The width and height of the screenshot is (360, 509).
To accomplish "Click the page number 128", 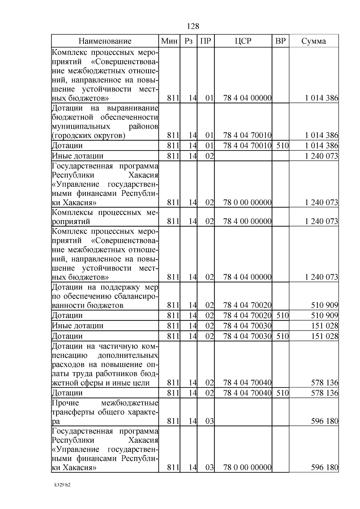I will [193, 26].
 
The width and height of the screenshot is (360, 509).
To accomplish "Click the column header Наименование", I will [105, 41].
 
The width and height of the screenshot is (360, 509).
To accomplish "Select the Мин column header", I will [169, 41].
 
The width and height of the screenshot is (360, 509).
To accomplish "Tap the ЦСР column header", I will [243, 41].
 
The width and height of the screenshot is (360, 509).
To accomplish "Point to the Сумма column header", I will [313, 41].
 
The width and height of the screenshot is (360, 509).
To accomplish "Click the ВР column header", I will [280, 41].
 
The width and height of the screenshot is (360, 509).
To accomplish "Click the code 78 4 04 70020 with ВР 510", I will [247, 316].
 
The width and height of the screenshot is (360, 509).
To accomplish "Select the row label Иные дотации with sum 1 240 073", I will [78, 156].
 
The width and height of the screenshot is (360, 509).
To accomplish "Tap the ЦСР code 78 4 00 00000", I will [247, 221].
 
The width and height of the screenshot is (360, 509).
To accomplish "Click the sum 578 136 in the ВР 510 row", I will [325, 393].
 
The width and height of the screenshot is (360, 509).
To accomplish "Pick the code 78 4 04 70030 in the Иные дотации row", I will [247, 326].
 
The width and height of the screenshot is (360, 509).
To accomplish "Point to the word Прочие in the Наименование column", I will [65, 403].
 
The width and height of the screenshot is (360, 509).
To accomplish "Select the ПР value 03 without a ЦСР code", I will [209, 421].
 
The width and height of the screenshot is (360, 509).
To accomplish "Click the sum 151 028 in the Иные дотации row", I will [325, 326].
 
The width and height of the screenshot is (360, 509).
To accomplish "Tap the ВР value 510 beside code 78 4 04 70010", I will [282, 146].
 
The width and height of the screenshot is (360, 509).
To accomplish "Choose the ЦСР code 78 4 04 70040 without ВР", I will [247, 383].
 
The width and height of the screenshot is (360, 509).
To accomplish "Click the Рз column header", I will [188, 41].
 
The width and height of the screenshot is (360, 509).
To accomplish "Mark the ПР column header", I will [205, 41].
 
